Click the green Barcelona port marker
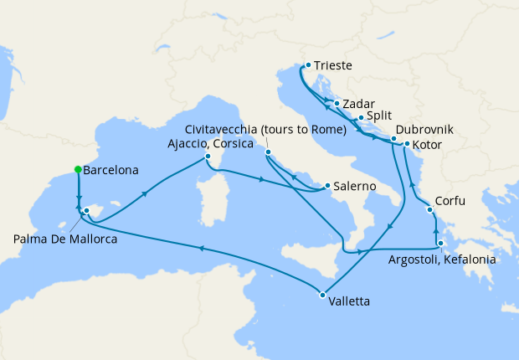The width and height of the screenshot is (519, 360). pos(78,169)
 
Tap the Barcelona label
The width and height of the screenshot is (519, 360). pos(112,170)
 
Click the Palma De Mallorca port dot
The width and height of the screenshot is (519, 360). pos(86,210)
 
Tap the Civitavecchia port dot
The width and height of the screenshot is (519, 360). pos(267,152)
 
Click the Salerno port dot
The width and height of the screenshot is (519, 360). pos(326,186)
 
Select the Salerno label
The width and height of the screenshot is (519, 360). pos(354,186)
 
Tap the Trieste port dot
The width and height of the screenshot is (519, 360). pos(308,64)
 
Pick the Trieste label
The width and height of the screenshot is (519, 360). pos(333,64)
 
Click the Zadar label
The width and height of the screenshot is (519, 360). pos(358,105)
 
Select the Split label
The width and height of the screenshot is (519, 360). pos(379,117)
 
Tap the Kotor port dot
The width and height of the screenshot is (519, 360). pos(407,144)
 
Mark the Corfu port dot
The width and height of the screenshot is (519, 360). pos(433,210)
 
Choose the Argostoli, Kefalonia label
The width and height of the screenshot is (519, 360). pos(442,260)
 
